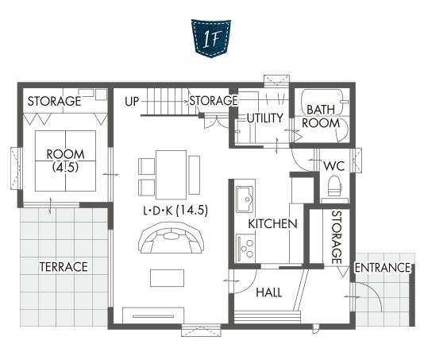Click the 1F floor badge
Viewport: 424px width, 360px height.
(x=211, y=38)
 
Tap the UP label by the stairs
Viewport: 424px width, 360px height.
(x=132, y=102)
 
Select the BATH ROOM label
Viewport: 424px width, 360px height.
(x=321, y=116)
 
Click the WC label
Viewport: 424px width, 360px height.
(x=334, y=166)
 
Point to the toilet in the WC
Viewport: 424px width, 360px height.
(x=334, y=186)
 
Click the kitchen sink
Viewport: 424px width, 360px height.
(x=245, y=199)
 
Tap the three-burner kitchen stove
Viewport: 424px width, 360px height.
(x=245, y=248)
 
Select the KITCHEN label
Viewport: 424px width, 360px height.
(x=272, y=224)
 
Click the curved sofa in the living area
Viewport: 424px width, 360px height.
(x=172, y=238)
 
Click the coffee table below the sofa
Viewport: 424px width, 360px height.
(x=167, y=277)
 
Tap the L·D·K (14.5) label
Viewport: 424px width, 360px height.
(x=175, y=211)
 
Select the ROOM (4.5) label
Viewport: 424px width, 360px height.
(x=65, y=161)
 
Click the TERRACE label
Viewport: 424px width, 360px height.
(x=64, y=267)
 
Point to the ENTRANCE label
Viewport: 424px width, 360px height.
(x=383, y=268)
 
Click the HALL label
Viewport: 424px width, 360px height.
(x=269, y=292)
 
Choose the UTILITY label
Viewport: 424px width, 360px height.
(x=265, y=118)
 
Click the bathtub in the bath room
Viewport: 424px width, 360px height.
(x=322, y=103)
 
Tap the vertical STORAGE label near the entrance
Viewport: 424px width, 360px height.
(x=337, y=237)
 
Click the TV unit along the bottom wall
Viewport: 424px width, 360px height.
(x=153, y=315)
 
